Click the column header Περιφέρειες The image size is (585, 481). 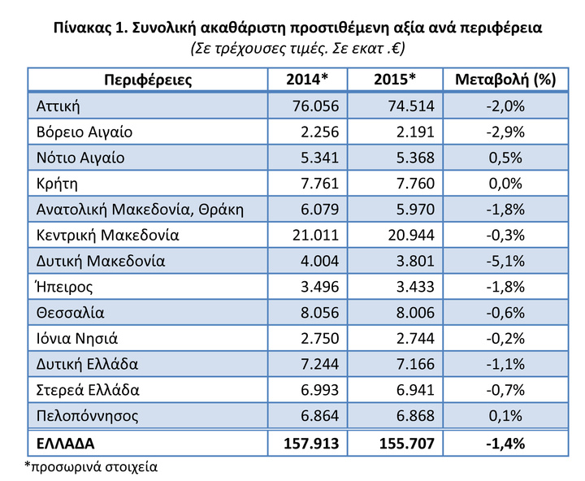(148, 80)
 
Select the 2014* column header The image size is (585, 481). (307, 79)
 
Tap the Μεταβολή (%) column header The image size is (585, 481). (505, 80)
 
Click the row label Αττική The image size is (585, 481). (58, 106)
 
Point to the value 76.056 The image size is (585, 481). (315, 106)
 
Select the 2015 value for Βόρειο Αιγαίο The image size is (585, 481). (415, 132)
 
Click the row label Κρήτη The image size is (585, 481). (57, 184)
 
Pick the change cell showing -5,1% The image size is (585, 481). (505, 261)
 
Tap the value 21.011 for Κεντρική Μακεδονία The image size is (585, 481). (315, 235)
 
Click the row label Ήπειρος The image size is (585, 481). (64, 287)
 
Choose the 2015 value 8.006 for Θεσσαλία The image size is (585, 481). (415, 312)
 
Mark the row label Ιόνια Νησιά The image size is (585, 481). (77, 339)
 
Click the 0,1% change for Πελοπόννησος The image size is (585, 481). (505, 416)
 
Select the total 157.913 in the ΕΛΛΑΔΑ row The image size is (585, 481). (311, 444)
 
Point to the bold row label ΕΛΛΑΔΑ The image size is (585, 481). (66, 444)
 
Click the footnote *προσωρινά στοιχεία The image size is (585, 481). (91, 467)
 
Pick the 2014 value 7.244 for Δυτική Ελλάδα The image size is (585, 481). (320, 364)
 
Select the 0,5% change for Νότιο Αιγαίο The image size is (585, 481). (505, 158)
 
